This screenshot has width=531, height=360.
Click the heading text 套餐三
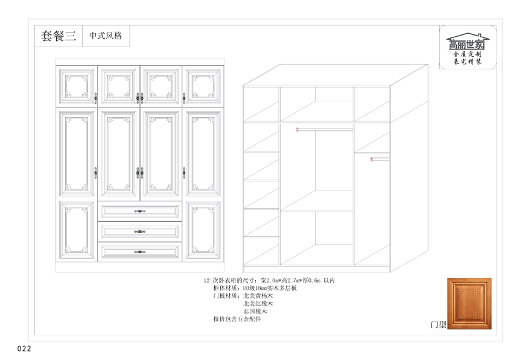[59, 36]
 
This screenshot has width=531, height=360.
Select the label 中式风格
[106, 36]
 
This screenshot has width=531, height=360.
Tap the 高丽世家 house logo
[467, 48]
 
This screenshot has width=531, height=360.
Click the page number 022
[24, 349]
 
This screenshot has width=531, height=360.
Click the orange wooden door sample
[469, 303]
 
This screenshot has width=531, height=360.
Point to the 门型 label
[438, 324]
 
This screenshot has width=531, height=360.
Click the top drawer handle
[139, 211]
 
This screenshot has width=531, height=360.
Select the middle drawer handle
[139, 232]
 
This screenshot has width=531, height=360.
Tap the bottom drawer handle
[139, 251]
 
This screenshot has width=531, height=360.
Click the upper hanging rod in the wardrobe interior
[325, 129]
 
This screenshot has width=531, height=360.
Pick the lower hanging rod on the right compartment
[380, 159]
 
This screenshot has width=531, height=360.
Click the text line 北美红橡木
[258, 303]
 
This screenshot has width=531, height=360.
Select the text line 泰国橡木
[255, 311]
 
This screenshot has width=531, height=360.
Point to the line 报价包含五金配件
[237, 319]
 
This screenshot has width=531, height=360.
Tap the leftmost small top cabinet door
[77, 86]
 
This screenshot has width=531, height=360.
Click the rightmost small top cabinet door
[203, 86]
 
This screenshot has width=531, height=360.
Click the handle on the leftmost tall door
[95, 172]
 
